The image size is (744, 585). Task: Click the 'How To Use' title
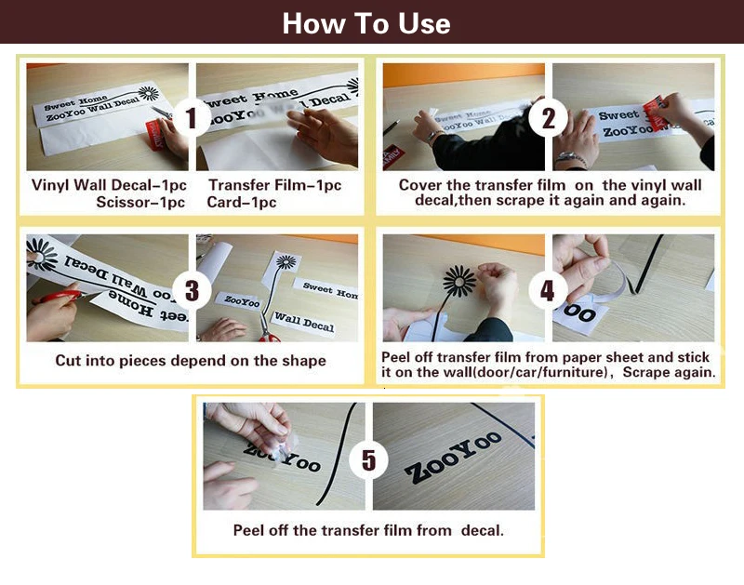(x=366, y=23)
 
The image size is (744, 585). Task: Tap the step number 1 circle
(x=192, y=118)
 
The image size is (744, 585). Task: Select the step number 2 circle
(x=548, y=118)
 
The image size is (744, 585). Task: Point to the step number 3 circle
(x=192, y=290)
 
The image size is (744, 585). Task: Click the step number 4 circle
(x=547, y=291)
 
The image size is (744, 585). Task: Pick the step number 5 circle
(x=368, y=459)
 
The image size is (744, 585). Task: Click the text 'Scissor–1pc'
(x=140, y=202)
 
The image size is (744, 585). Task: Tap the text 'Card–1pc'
(x=242, y=202)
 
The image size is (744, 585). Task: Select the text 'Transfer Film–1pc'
(x=274, y=184)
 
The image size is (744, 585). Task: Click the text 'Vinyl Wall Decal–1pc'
(x=109, y=184)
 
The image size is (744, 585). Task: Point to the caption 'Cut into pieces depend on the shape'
(x=191, y=361)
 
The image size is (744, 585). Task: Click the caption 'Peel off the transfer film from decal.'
(x=368, y=530)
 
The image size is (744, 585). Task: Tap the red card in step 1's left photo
(x=155, y=134)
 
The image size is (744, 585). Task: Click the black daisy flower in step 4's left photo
(x=458, y=282)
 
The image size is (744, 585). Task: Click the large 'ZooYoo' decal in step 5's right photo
(x=453, y=457)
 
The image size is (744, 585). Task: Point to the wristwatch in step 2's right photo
(x=569, y=158)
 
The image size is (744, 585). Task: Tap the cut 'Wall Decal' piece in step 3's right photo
(x=304, y=322)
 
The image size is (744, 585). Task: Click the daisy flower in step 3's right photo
(x=286, y=261)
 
